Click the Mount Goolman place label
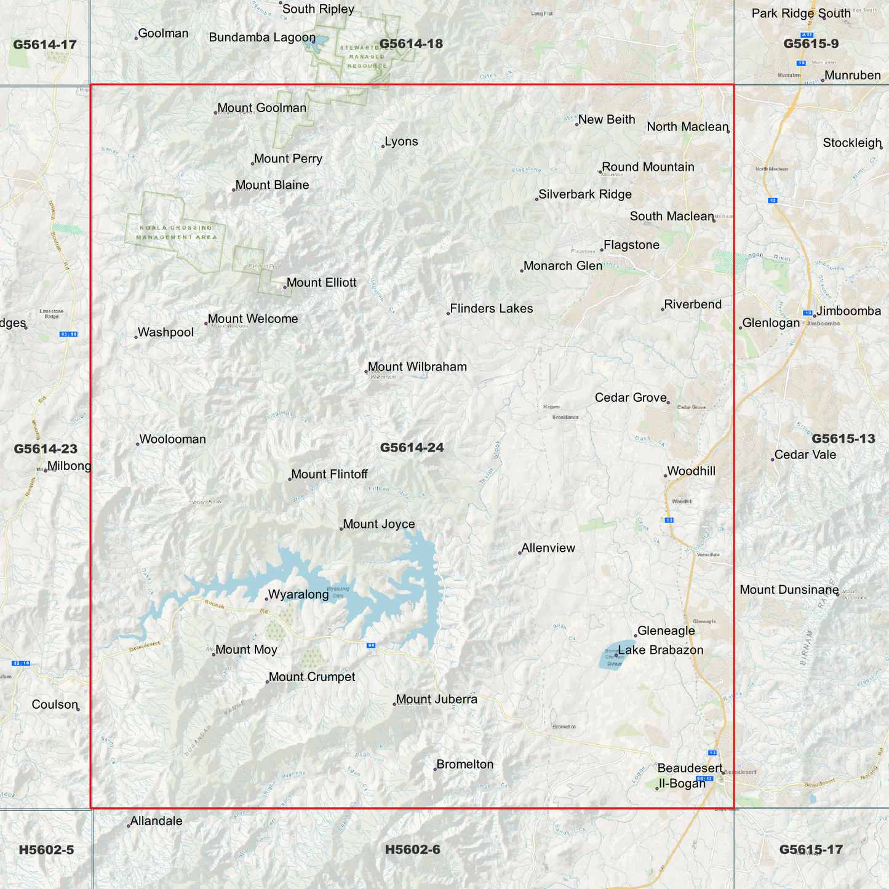click(261, 108)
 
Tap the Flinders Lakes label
click(491, 309)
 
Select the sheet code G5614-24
click(412, 448)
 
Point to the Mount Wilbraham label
click(417, 367)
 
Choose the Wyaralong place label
click(298, 595)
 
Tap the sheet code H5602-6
click(412, 850)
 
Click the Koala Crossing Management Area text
click(176, 233)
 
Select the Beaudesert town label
click(690, 768)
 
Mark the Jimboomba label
click(848, 311)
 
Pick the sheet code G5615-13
click(843, 439)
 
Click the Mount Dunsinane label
click(789, 590)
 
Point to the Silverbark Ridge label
click(584, 195)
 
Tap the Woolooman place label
click(172, 440)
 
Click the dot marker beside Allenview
click(520, 552)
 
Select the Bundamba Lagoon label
click(262, 38)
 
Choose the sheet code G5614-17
click(45, 45)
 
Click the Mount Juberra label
click(436, 700)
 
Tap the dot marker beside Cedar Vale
click(773, 460)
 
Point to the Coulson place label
click(55, 705)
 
